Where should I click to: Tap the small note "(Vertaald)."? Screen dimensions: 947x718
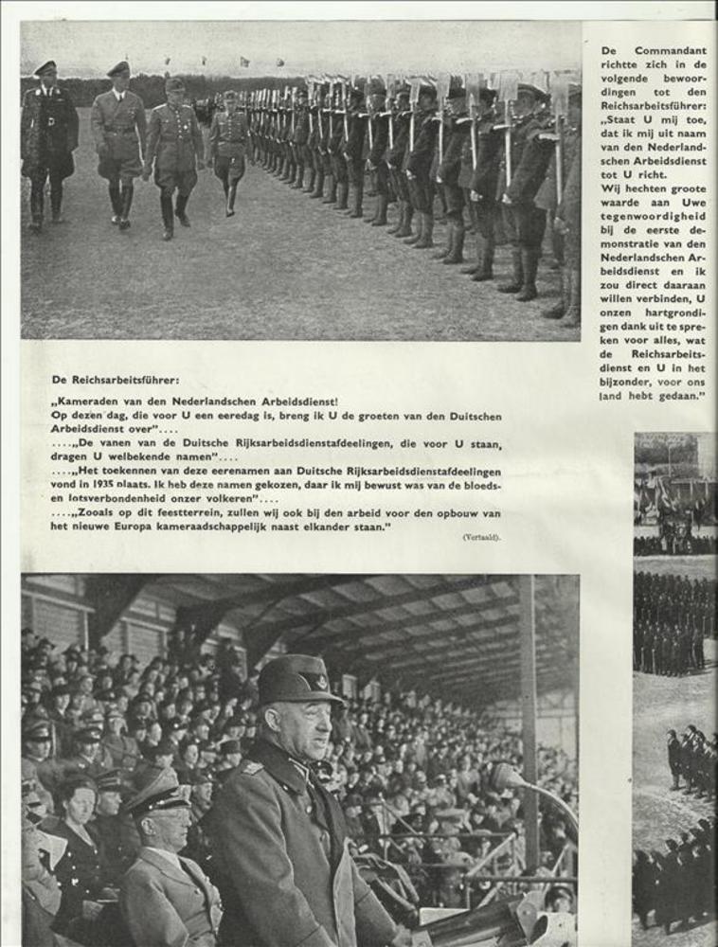481,537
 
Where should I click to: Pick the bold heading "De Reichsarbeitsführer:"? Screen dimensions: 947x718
115,380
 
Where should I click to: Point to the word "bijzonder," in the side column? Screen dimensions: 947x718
624,381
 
